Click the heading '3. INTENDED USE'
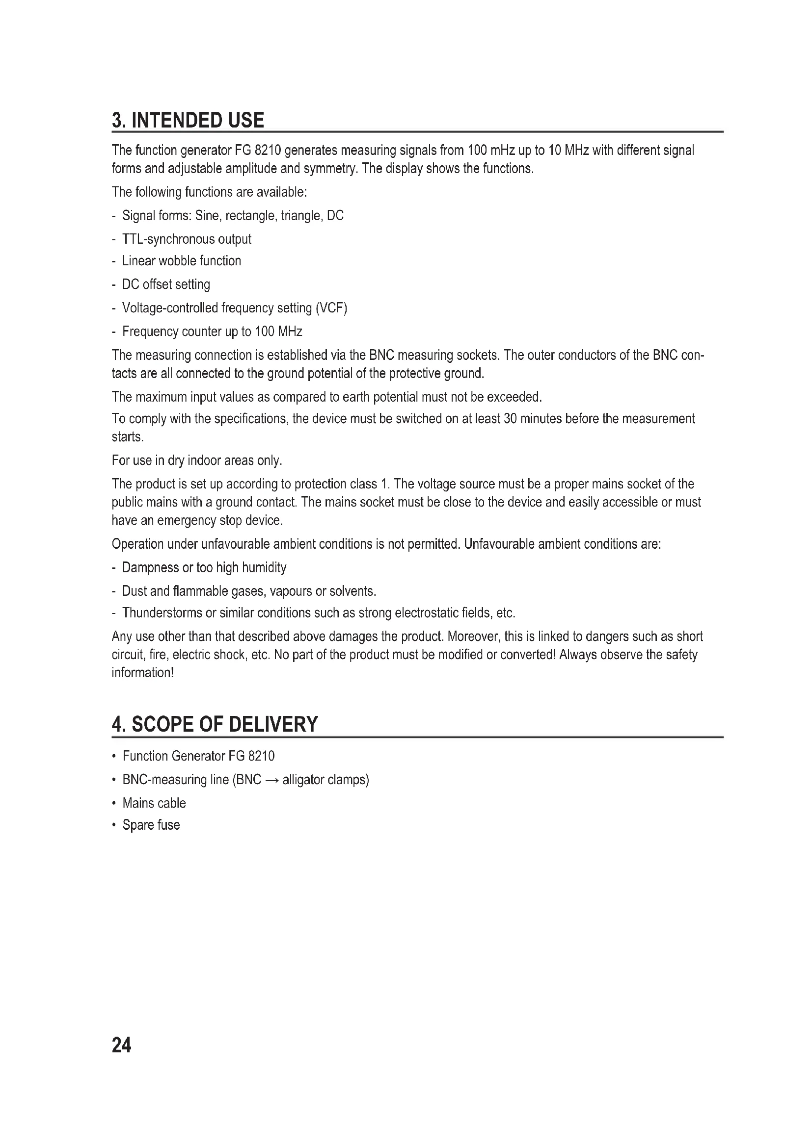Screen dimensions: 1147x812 (188, 121)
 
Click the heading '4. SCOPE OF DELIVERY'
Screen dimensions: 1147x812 (215, 724)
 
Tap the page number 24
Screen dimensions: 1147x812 (121, 1045)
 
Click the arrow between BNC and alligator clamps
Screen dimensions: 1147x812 (271, 780)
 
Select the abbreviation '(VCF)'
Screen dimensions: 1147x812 (331, 308)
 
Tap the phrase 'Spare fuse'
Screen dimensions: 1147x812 (151, 825)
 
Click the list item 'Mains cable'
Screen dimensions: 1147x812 (154, 803)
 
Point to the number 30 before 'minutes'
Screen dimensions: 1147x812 (510, 419)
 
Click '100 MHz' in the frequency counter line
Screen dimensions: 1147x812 (278, 331)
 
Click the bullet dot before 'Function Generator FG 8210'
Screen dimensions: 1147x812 (114, 756)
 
